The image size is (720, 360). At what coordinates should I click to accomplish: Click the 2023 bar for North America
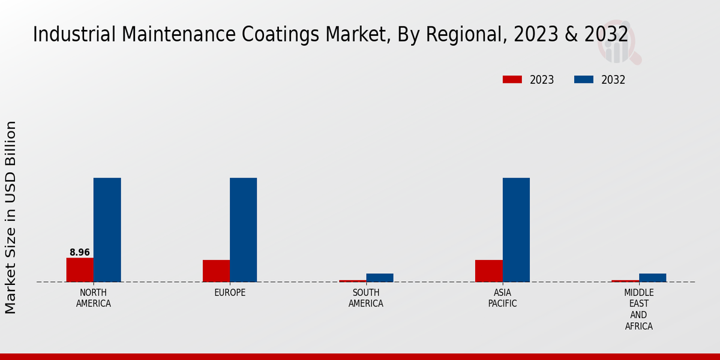point(80,269)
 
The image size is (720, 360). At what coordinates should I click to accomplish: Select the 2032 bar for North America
point(107,230)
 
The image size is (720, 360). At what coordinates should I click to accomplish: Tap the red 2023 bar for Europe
point(216,271)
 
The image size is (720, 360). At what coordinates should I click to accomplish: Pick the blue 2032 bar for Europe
point(243,230)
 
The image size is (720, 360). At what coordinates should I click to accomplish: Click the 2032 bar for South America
point(380,278)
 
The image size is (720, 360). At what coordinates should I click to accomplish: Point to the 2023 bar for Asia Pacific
point(488,271)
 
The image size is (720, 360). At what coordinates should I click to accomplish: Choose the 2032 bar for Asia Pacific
point(516,230)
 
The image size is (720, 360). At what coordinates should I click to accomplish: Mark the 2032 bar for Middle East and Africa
point(652,278)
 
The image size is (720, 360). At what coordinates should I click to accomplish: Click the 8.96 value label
point(80,253)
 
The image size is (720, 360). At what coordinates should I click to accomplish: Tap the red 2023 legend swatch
point(512,80)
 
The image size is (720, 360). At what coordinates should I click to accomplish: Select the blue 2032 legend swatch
point(583,80)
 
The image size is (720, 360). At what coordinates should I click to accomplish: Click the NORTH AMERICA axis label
point(94,298)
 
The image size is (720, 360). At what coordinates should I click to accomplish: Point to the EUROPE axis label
point(230,293)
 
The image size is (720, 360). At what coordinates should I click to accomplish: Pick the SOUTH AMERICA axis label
point(366,298)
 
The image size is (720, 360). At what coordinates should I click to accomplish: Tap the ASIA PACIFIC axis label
point(502,298)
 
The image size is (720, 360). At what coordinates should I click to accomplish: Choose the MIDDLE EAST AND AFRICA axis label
point(638,310)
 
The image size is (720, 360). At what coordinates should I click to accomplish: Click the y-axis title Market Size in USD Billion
point(11,217)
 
